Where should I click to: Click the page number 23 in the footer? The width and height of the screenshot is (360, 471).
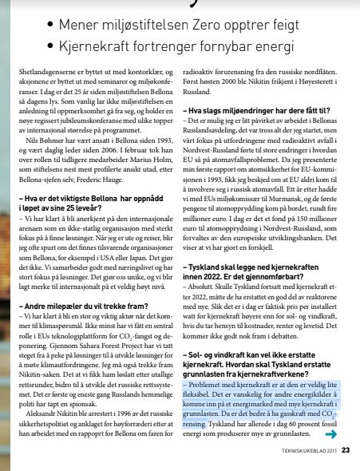click(x=345, y=449)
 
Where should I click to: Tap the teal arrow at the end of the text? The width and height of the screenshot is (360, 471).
click(x=330, y=434)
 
